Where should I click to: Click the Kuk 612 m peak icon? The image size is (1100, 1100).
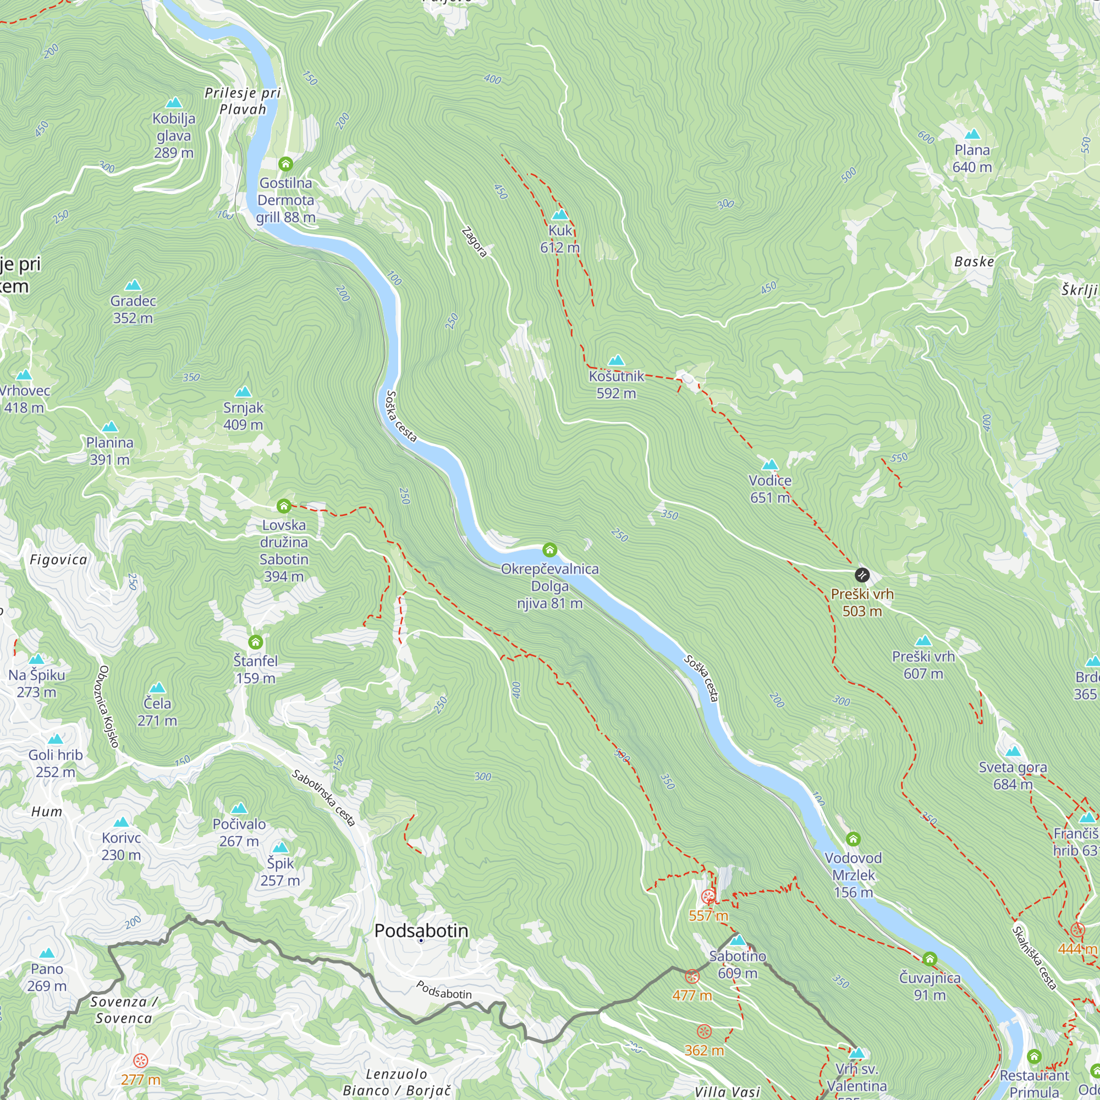pyautogui.click(x=560, y=215)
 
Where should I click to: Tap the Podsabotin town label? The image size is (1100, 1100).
pyautogui.click(x=421, y=931)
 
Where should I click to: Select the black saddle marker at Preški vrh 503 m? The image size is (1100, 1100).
pyautogui.click(x=862, y=575)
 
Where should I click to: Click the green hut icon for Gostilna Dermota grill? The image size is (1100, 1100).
pyautogui.click(x=286, y=164)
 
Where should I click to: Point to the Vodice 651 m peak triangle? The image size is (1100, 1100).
pyautogui.click(x=770, y=465)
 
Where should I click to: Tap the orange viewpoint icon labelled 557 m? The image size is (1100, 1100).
pyautogui.click(x=708, y=897)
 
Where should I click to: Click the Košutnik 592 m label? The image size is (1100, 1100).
pyautogui.click(x=616, y=384)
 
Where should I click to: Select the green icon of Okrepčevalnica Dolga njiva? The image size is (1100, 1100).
pyautogui.click(x=549, y=549)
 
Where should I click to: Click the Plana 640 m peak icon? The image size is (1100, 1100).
pyautogui.click(x=972, y=134)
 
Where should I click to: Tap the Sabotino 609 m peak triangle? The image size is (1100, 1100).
pyautogui.click(x=738, y=940)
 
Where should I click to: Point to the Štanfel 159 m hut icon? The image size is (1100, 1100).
pyautogui.click(x=256, y=642)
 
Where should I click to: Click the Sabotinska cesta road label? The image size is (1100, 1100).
pyautogui.click(x=323, y=798)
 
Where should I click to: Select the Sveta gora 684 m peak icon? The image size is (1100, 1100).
pyautogui.click(x=1013, y=751)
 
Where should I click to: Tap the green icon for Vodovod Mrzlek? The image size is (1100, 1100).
pyautogui.click(x=853, y=839)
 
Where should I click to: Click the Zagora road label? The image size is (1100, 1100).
pyautogui.click(x=474, y=243)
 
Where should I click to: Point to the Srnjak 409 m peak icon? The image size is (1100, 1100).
pyautogui.click(x=243, y=392)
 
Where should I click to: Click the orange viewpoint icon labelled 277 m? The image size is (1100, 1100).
pyautogui.click(x=141, y=1060)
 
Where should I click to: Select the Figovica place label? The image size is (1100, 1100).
pyautogui.click(x=59, y=560)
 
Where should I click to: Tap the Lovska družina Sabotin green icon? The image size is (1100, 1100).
pyautogui.click(x=284, y=505)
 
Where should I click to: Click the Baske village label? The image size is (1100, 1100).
pyautogui.click(x=974, y=261)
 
